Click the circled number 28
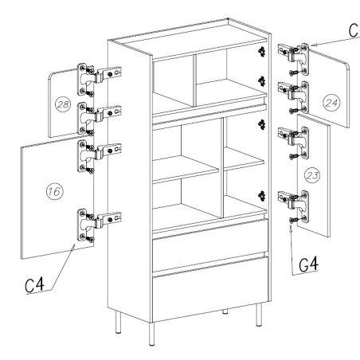point(63,104)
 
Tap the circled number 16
point(55,191)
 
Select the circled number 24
point(331,103)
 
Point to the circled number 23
point(312,175)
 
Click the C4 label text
point(34,285)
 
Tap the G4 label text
point(308,264)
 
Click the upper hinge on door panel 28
point(99,79)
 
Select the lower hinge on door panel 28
point(99,118)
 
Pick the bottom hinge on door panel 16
point(99,225)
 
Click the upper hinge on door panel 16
point(99,156)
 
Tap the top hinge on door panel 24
point(294,59)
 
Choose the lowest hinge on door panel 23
point(294,206)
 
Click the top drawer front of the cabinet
point(210,245)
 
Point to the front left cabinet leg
point(151,334)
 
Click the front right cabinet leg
point(259,315)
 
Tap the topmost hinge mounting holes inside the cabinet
point(262,52)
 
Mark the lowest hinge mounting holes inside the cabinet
point(262,196)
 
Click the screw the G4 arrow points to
point(292,220)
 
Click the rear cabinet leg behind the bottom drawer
point(225,311)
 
